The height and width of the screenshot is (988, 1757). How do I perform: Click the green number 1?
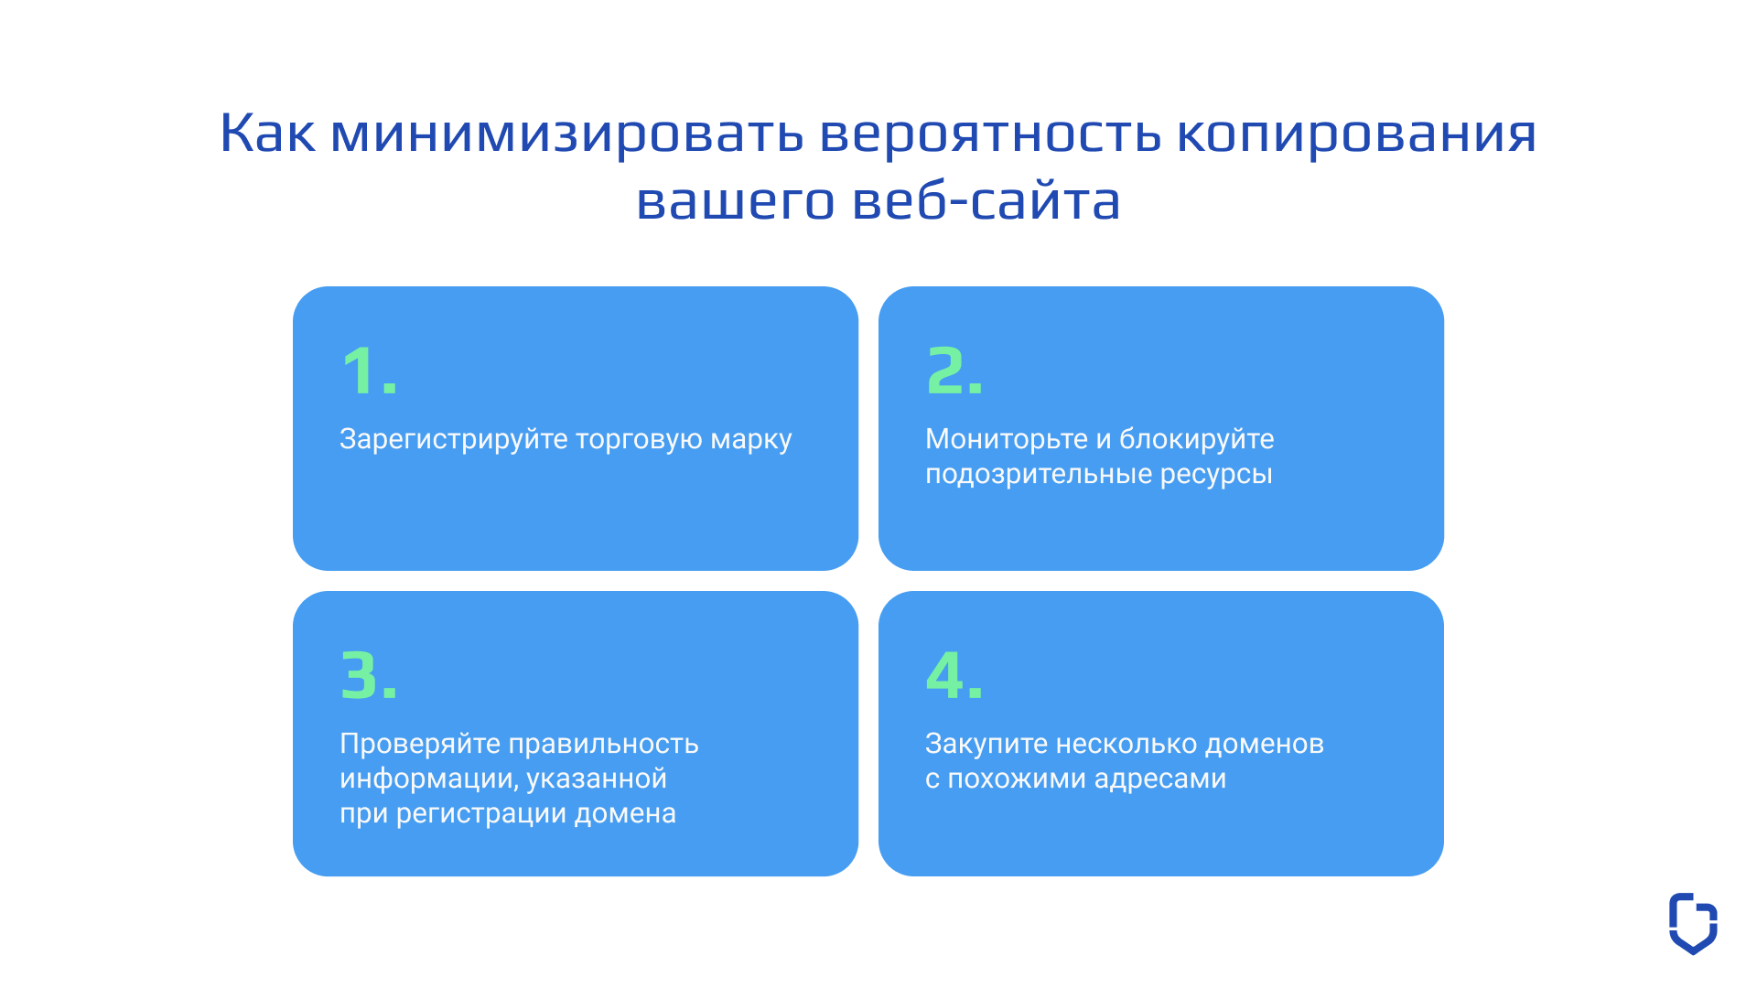coord(359,370)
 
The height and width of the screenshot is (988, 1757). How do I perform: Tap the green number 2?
coord(946,370)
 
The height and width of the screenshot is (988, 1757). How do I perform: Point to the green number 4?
coord(945,675)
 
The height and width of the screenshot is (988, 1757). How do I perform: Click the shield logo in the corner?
coord(1693,923)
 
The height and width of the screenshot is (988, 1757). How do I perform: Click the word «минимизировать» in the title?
coord(566,133)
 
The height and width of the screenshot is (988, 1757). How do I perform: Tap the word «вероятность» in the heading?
coord(990,133)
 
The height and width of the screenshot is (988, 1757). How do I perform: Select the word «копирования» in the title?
coord(1356,133)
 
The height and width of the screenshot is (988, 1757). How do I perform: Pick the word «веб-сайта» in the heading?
coord(986,201)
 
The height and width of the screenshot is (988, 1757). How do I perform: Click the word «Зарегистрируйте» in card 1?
coord(454,439)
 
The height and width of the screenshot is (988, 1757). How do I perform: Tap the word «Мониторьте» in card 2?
coord(1006,439)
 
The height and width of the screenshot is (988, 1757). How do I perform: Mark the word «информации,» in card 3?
coord(429,779)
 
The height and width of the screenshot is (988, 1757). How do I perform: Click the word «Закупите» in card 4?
coord(986,744)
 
